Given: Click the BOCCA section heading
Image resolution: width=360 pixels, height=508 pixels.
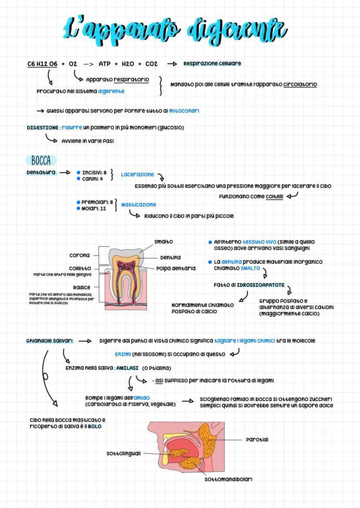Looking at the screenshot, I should [x=41, y=160].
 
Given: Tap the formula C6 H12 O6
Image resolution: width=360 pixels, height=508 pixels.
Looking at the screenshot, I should [x=42, y=64].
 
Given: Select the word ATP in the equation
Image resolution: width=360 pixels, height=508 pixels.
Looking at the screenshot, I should [x=104, y=64].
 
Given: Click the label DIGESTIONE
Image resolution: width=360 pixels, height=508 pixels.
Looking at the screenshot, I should [x=43, y=128].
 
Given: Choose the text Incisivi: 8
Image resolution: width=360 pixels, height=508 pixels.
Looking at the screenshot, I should [x=94, y=173].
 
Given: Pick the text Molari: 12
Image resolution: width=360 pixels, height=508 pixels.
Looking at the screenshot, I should [x=94, y=209].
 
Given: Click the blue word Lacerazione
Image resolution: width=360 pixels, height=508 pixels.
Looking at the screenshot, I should [x=137, y=174].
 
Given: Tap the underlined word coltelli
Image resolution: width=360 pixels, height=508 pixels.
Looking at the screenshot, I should [x=274, y=196].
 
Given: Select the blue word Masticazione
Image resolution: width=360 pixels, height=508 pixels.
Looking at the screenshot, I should [x=139, y=204].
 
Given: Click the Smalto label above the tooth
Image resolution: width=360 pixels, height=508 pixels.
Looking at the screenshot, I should [x=163, y=242].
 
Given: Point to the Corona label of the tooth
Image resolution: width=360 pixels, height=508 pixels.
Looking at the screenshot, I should [x=80, y=255].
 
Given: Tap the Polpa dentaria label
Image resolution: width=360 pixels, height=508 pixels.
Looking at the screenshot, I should [x=176, y=269].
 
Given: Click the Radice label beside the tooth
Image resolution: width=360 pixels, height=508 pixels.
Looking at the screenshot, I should [x=82, y=287].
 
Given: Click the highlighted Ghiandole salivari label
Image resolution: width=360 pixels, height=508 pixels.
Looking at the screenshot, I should [x=50, y=341].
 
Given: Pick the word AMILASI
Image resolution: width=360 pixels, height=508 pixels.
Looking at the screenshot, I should [x=127, y=368].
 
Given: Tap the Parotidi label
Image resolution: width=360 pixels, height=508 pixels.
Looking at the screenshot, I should [x=257, y=440].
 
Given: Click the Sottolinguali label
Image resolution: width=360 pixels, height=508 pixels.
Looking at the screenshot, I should [x=123, y=453].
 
